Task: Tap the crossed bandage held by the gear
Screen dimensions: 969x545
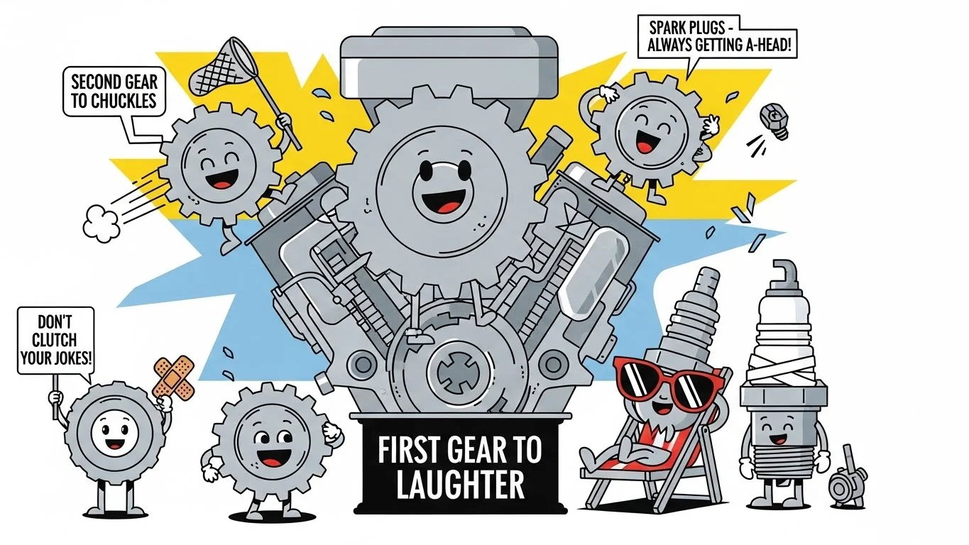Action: coord(173,376)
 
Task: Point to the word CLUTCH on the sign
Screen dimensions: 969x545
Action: coord(55,340)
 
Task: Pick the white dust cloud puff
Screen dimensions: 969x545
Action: coord(102,224)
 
